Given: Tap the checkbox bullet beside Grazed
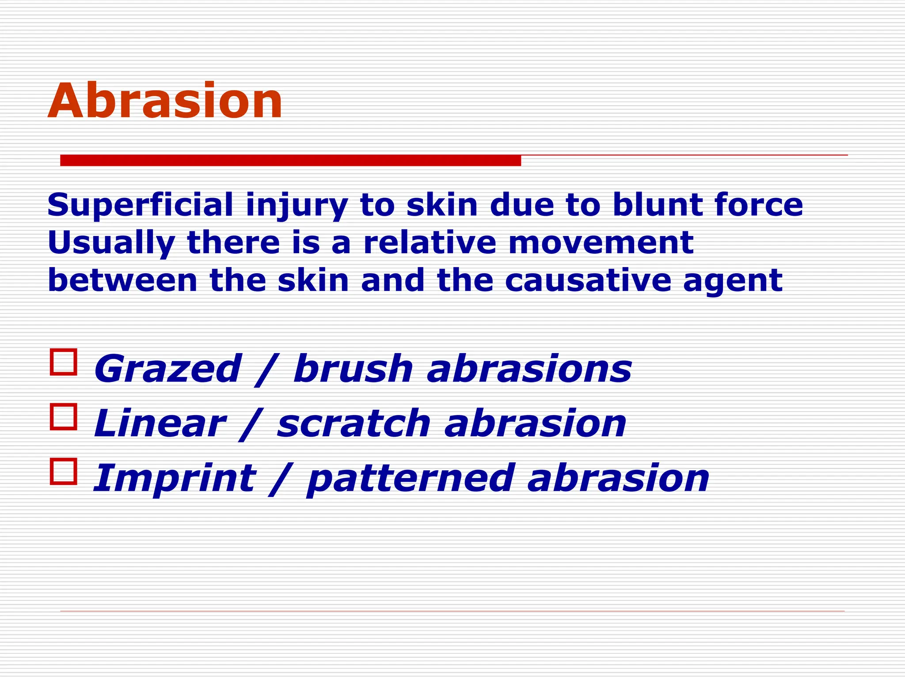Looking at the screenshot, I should coord(64,362).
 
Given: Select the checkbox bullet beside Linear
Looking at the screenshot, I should coord(64,416).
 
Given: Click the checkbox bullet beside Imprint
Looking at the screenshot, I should coord(64,471).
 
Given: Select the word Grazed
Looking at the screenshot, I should coord(167,369).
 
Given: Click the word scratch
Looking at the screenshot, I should coord(354,423).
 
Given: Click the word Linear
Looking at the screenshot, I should coord(160,423).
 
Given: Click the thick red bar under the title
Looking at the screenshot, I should coord(290,160).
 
